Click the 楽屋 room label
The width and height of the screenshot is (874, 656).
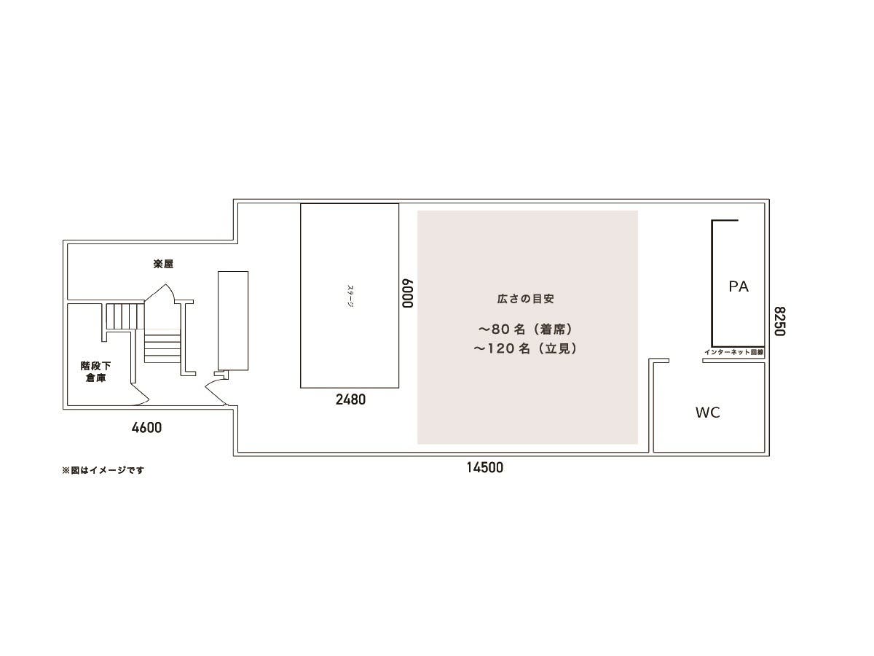pyautogui.click(x=163, y=265)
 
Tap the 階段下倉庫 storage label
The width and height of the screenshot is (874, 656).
pyautogui.click(x=95, y=372)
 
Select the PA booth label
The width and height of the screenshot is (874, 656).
pyautogui.click(x=739, y=286)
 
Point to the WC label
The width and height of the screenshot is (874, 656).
pyautogui.click(x=707, y=413)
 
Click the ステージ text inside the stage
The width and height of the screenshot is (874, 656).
pyautogui.click(x=350, y=295)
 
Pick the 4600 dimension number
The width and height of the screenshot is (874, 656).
pyautogui.click(x=146, y=428)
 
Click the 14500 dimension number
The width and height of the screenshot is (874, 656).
pyautogui.click(x=485, y=468)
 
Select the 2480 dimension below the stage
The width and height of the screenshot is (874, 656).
pyautogui.click(x=350, y=399)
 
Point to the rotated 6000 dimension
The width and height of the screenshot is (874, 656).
pyautogui.click(x=408, y=293)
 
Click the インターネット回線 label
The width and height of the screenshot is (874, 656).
pyautogui.click(x=733, y=353)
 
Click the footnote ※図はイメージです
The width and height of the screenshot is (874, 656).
pyautogui.click(x=103, y=470)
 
